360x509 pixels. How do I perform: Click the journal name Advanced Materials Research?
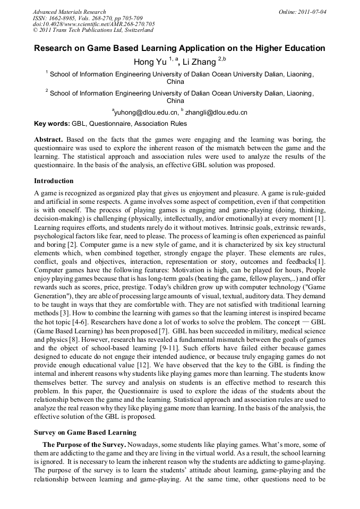pyautogui.click(x=69, y=12)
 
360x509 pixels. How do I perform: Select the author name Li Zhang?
pyautogui.click(x=199, y=62)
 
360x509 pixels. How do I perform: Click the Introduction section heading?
pyautogui.click(x=54, y=181)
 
